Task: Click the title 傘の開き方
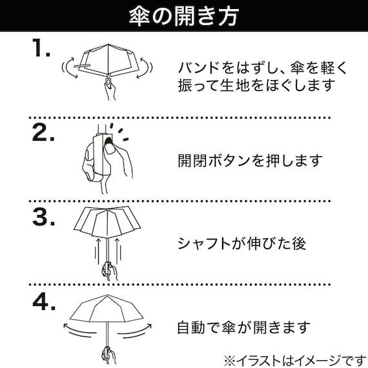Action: pos(184,16)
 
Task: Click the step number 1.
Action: pos(41,48)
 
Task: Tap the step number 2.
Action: pos(43,132)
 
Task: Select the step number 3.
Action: pos(44,217)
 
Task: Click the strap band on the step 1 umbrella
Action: pos(82,66)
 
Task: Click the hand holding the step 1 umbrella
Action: pos(110,89)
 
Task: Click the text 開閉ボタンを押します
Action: pos(250,161)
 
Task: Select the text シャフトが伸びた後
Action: pos(242,243)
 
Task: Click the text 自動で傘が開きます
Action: pos(243,327)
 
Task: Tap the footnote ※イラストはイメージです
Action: pos(295,360)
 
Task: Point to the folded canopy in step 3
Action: pos(107,222)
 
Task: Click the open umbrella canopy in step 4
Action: pos(107,309)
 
